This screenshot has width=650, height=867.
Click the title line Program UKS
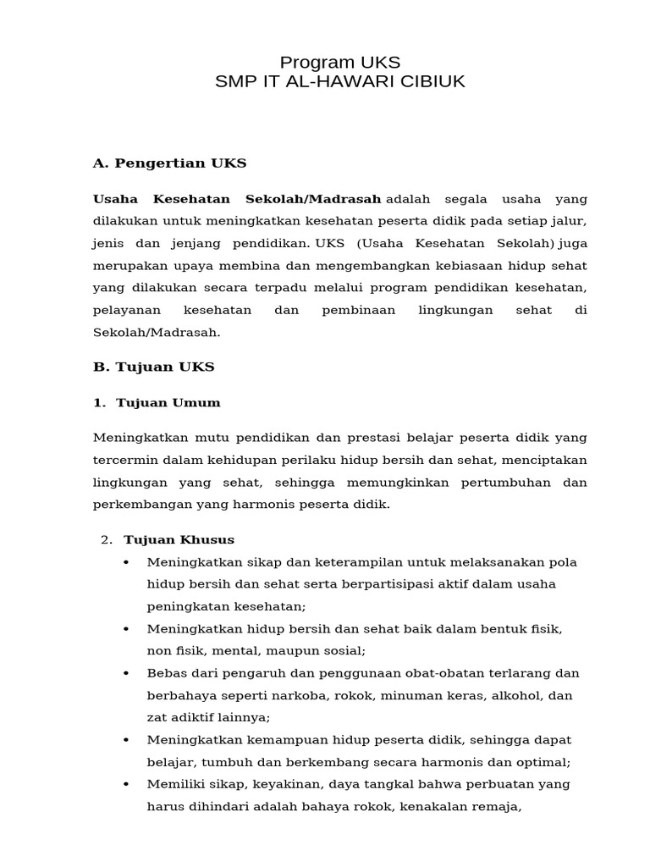click(x=339, y=62)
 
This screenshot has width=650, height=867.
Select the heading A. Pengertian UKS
click(x=169, y=163)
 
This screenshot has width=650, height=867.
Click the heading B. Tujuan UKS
click(x=153, y=367)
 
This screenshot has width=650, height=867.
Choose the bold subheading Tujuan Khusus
click(x=179, y=539)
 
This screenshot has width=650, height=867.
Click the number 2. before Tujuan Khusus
click(x=106, y=539)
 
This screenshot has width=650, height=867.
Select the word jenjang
click(x=200, y=243)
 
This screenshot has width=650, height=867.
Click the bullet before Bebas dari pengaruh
click(x=126, y=673)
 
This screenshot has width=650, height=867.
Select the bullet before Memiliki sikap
click(x=126, y=784)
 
